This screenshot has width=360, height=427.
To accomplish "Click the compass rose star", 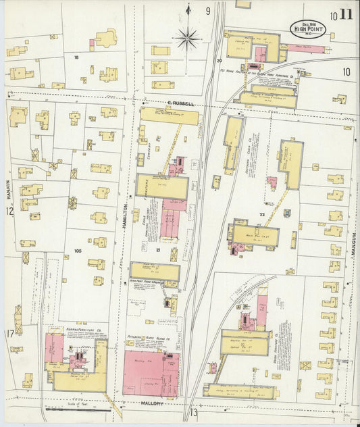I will click(187, 38).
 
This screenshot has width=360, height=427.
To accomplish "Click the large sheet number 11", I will click(345, 14).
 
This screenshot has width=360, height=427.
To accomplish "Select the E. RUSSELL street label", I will click(180, 104).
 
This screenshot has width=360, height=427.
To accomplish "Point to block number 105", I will click(78, 250).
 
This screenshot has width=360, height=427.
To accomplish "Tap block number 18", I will click(76, 57).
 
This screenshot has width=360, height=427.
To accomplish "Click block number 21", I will click(157, 251).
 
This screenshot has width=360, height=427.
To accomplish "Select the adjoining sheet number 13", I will click(194, 413).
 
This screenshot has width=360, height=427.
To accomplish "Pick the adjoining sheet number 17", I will click(10, 333).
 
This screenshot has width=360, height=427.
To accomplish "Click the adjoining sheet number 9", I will click(208, 11).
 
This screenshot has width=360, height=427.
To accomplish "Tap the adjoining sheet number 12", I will click(9, 211).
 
